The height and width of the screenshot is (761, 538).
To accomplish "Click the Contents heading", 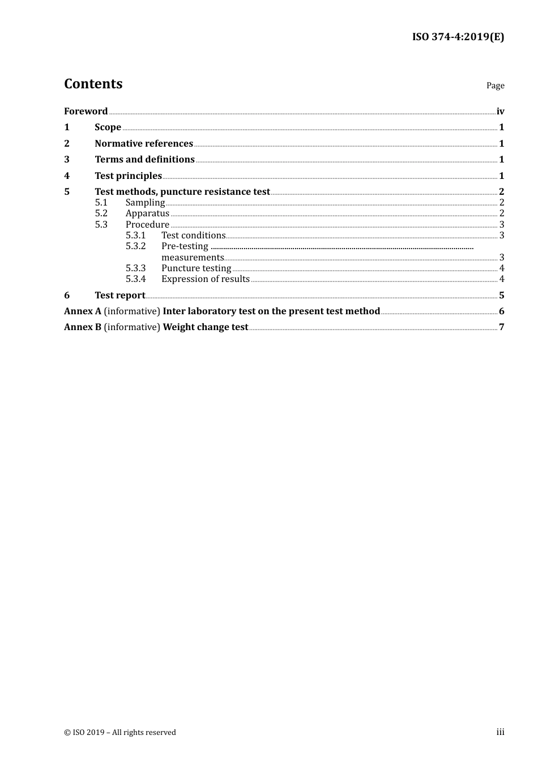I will tap(93, 84).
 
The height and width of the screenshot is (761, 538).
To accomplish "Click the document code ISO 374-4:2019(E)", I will tap(458, 37).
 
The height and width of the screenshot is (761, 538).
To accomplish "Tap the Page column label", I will tap(495, 85).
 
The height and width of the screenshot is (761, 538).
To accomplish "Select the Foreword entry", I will tap(86, 111).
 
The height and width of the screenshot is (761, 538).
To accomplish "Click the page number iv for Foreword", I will tap(500, 111).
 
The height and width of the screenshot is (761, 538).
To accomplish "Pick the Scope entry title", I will tap(108, 127).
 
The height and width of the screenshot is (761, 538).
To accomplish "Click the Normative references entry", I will tap(144, 143).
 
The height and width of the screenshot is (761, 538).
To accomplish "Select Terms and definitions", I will tap(144, 160).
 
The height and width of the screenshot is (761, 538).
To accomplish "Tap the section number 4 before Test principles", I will tap(67, 176).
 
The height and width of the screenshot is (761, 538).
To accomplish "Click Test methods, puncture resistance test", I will tap(182, 191).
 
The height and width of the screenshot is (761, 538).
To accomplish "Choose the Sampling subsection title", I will tap(145, 203).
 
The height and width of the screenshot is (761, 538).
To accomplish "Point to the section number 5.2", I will tap(101, 213).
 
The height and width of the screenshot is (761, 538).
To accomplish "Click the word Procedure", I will tap(147, 224).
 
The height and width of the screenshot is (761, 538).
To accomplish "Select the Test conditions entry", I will tap(193, 236).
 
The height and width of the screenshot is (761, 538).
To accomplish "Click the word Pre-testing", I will tap(185, 246).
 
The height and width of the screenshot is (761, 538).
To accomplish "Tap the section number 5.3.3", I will tap(135, 268).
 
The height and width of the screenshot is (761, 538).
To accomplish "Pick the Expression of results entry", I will tap(205, 279).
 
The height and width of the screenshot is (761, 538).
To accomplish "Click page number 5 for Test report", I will tap(501, 295).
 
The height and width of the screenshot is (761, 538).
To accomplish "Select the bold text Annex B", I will tap(83, 327).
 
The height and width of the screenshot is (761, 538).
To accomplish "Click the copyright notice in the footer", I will tap(120, 732).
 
